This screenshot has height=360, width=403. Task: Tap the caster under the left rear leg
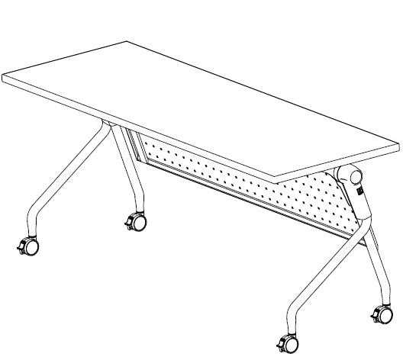tap(137, 222)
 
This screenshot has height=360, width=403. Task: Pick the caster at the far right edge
tap(379, 313)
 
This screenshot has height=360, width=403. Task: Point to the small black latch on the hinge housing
tap(360, 196)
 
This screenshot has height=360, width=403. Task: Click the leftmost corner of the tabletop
tap(3, 77)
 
